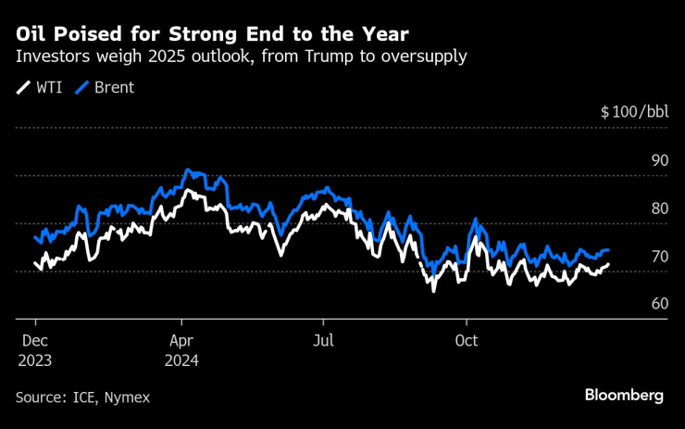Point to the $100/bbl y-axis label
633,112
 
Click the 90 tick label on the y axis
659,160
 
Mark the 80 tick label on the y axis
659,208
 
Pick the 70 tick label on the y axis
659,256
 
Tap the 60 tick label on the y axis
659,304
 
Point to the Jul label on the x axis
324,339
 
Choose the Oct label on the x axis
466,339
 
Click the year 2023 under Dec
34,359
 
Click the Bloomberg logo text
623,396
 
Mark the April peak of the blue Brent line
188,170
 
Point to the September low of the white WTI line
433,290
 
